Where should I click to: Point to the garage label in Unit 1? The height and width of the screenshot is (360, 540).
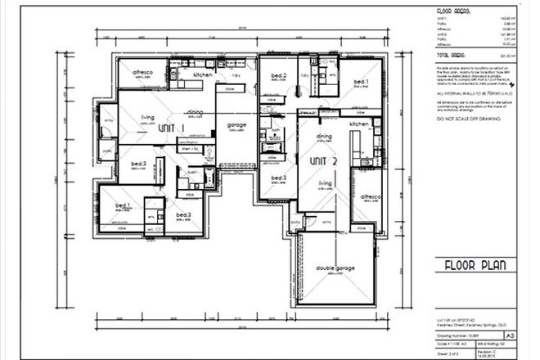click(236, 125)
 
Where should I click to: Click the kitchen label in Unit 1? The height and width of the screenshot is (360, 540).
click(203, 74)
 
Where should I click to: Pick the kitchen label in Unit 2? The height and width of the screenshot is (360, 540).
click(359, 123)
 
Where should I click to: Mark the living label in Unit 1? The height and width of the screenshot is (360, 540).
click(147, 116)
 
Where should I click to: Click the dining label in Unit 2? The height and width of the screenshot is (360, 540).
click(324, 137)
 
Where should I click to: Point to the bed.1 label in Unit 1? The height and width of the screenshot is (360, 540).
click(124, 205)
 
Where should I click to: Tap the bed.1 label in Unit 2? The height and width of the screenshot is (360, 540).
click(360, 82)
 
